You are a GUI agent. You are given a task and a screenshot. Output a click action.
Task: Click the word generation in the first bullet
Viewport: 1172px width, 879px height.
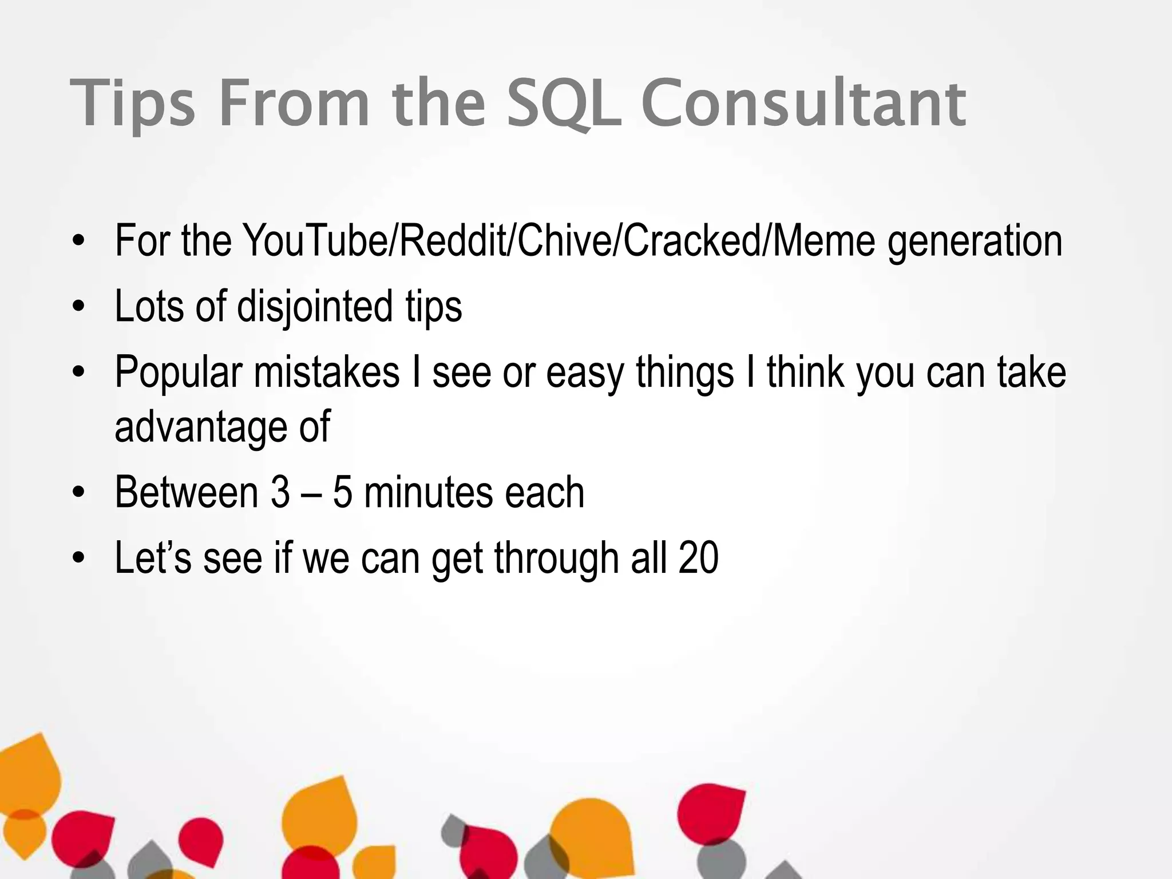[975, 241]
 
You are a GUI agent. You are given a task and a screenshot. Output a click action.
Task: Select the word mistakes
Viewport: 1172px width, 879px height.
[326, 372]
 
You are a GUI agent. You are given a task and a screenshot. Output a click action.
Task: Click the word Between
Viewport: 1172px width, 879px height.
[187, 492]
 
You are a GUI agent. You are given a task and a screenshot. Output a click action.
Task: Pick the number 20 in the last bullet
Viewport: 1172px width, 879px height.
[698, 558]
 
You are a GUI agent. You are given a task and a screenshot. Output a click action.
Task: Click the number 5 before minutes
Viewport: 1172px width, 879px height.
[342, 492]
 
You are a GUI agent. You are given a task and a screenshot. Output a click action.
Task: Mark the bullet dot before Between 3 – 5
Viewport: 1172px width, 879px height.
[79, 493]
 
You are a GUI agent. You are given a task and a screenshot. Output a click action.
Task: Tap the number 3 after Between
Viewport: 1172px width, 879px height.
[280, 492]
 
